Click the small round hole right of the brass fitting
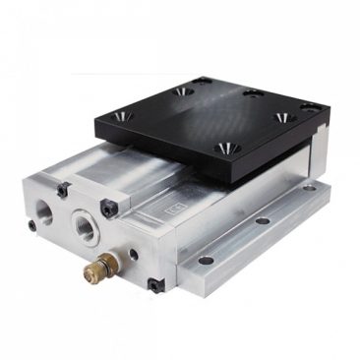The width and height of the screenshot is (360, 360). tap(132, 254)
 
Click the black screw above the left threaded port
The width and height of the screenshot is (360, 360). tap(63, 189)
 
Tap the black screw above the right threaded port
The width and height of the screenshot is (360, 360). tap(109, 208)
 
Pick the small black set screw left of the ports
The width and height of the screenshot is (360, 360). tap(32, 225)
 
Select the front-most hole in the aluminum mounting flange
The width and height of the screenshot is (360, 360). tap(206, 261)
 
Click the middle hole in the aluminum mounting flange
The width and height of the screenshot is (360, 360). tap(263, 219)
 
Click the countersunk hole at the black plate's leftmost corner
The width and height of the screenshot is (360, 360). tap(126, 115)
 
